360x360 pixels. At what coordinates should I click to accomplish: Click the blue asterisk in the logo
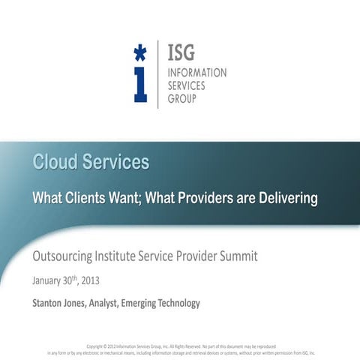point(139,52)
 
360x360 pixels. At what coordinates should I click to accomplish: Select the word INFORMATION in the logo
point(196,73)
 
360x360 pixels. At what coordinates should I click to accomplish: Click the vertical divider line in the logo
point(157,75)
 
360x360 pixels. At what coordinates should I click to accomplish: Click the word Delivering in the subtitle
point(286,198)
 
